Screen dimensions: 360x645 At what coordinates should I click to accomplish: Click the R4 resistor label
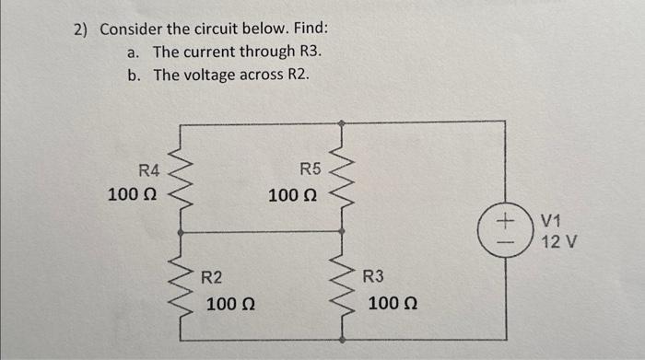point(149,169)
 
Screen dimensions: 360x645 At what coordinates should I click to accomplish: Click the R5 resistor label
point(311,168)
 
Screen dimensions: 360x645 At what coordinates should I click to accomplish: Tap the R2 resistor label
point(212,276)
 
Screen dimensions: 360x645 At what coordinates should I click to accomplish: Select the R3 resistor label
point(373,276)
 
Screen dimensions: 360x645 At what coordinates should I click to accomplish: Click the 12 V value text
point(558,242)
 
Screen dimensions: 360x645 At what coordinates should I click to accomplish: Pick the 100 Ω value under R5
point(293,195)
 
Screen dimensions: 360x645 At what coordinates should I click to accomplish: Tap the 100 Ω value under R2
point(230,303)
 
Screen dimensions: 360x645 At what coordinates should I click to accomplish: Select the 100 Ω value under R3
point(392,303)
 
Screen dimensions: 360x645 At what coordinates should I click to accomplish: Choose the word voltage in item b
point(211,75)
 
